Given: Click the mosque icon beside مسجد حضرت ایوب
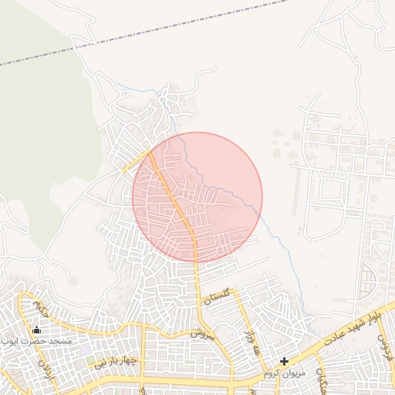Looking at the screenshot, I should coord(35,330).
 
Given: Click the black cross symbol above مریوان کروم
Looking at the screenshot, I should coord(284,361).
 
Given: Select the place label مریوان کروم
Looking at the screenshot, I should coord(285,373).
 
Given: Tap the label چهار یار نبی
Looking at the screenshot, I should coord(116,360).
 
